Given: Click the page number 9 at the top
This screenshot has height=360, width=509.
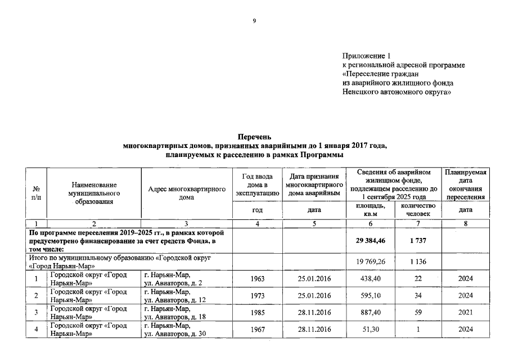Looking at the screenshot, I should pyautogui.click(x=254, y=21).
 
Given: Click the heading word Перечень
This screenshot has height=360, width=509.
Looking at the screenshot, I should pyautogui.click(x=255, y=137).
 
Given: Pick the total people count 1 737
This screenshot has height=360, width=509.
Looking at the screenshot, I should pyautogui.click(x=417, y=241).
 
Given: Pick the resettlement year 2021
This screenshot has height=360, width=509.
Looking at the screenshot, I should pyautogui.click(x=466, y=313).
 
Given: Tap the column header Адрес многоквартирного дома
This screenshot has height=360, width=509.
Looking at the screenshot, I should pyautogui.click(x=186, y=193).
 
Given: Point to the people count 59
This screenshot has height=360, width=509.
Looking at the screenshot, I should pyautogui.click(x=417, y=313).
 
